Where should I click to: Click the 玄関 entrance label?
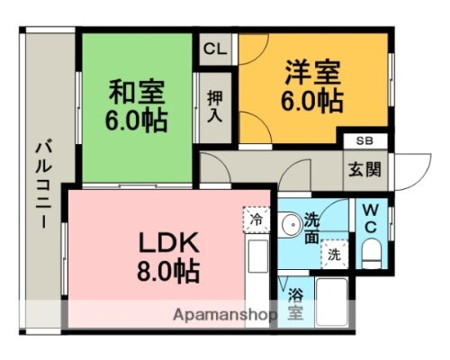pyautogui.click(x=364, y=168)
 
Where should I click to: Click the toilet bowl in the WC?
pyautogui.click(x=370, y=251)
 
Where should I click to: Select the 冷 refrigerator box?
pyautogui.click(x=255, y=219)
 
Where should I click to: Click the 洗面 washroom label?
pyautogui.click(x=311, y=229)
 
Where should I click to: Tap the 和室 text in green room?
pyautogui.click(x=134, y=92)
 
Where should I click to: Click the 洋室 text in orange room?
pyautogui.click(x=313, y=71)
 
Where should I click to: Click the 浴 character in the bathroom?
pyautogui.click(x=293, y=293)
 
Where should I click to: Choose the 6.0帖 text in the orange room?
pyautogui.click(x=314, y=100)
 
